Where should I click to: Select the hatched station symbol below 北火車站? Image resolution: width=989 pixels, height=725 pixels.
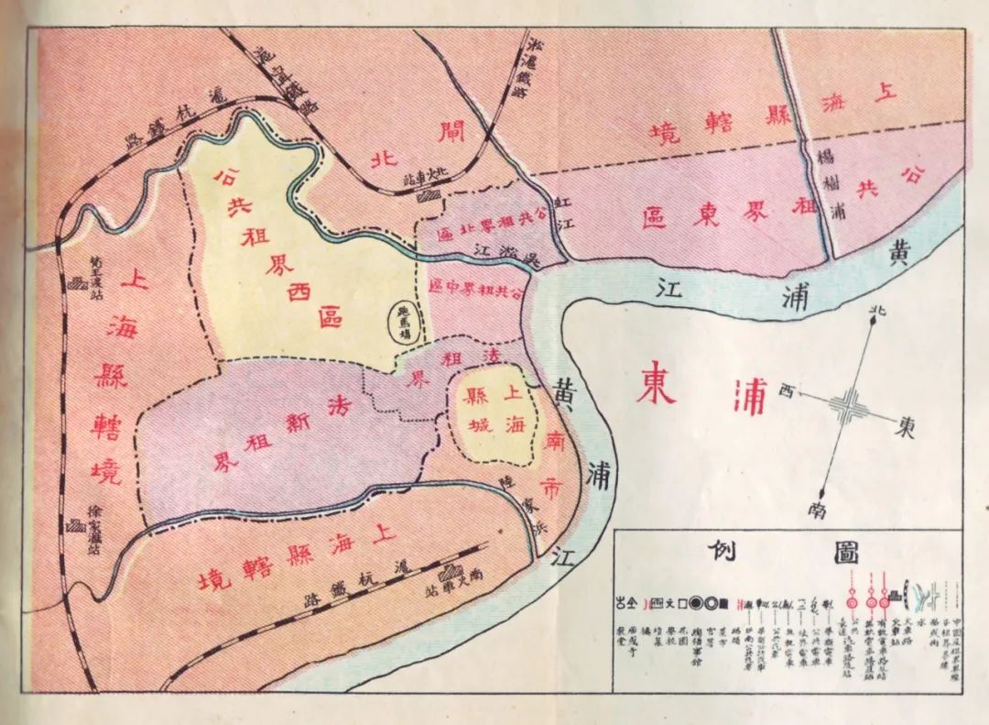tap(427, 194)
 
